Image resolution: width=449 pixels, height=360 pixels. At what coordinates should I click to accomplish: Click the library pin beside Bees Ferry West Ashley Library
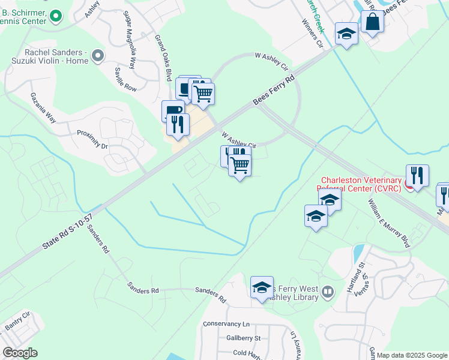(327, 292)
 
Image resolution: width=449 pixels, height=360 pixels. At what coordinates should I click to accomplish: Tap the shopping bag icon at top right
(372, 23)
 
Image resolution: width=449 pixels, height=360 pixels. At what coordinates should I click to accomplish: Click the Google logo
(20, 353)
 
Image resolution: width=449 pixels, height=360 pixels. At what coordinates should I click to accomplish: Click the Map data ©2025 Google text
(412, 355)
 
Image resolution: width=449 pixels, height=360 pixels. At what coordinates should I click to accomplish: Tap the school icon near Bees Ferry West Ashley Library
(262, 288)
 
